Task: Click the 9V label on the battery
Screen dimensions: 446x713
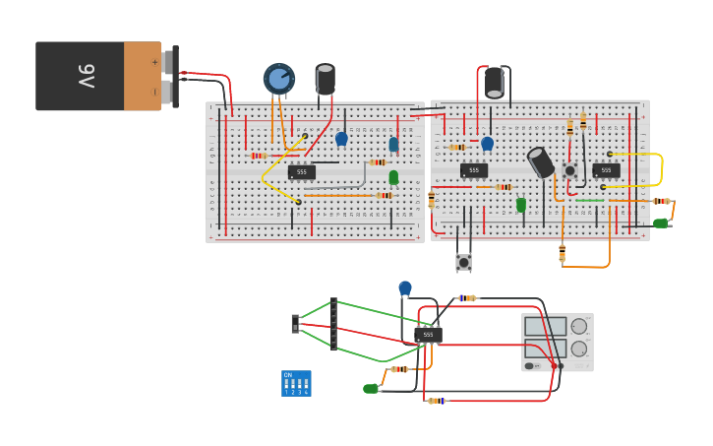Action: click(x=87, y=76)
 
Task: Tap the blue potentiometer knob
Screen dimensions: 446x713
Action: click(x=278, y=79)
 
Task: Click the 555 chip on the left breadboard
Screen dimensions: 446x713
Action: click(x=301, y=171)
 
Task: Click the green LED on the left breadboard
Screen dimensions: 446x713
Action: click(x=393, y=177)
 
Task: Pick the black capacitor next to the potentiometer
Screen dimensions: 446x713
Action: click(x=325, y=79)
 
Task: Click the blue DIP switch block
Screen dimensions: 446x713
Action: click(x=296, y=383)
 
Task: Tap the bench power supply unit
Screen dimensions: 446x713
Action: click(x=557, y=342)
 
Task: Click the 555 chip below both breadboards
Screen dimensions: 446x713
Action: click(x=428, y=335)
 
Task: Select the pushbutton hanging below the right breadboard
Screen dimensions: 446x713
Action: click(x=463, y=262)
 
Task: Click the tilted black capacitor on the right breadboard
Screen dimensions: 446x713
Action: click(x=541, y=162)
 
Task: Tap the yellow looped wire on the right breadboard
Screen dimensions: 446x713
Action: click(x=657, y=169)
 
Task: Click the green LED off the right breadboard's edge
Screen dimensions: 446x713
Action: click(x=660, y=223)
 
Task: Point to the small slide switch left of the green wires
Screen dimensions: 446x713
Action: click(x=295, y=323)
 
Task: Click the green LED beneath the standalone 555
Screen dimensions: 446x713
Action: click(x=371, y=389)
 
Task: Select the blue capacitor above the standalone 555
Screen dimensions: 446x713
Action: click(x=405, y=287)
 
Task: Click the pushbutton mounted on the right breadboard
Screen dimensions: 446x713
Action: click(x=569, y=170)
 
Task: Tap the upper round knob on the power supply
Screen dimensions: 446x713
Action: click(x=579, y=326)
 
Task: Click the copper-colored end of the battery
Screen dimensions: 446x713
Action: click(x=143, y=76)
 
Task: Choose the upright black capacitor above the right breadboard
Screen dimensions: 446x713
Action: click(x=494, y=82)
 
